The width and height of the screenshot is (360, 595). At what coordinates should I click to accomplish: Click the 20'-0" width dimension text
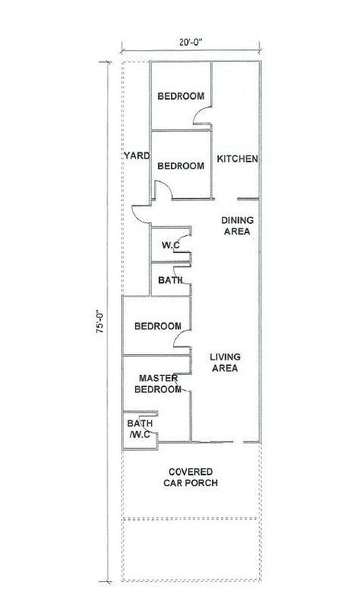[190, 42]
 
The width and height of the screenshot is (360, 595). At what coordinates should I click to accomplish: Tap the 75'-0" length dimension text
[100, 321]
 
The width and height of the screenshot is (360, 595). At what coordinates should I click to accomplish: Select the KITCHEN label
[237, 159]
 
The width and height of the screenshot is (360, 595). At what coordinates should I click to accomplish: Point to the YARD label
[137, 156]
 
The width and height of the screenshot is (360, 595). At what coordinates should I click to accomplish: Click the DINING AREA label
[237, 226]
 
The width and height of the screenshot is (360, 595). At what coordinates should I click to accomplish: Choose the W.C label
[170, 245]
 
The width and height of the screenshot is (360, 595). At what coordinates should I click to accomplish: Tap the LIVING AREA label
[225, 362]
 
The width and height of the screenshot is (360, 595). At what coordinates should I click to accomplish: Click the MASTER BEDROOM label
[158, 384]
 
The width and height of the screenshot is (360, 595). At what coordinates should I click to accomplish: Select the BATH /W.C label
[140, 429]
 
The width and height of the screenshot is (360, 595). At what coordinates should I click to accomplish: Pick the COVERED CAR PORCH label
[190, 477]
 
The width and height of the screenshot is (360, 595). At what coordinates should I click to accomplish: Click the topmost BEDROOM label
[180, 96]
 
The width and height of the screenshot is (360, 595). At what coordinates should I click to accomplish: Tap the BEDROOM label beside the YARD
[180, 166]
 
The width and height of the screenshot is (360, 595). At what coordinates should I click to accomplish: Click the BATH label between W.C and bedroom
[171, 280]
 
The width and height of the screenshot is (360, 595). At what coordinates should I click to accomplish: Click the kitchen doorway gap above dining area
[226, 199]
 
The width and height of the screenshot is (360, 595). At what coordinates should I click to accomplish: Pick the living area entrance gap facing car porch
[238, 442]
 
